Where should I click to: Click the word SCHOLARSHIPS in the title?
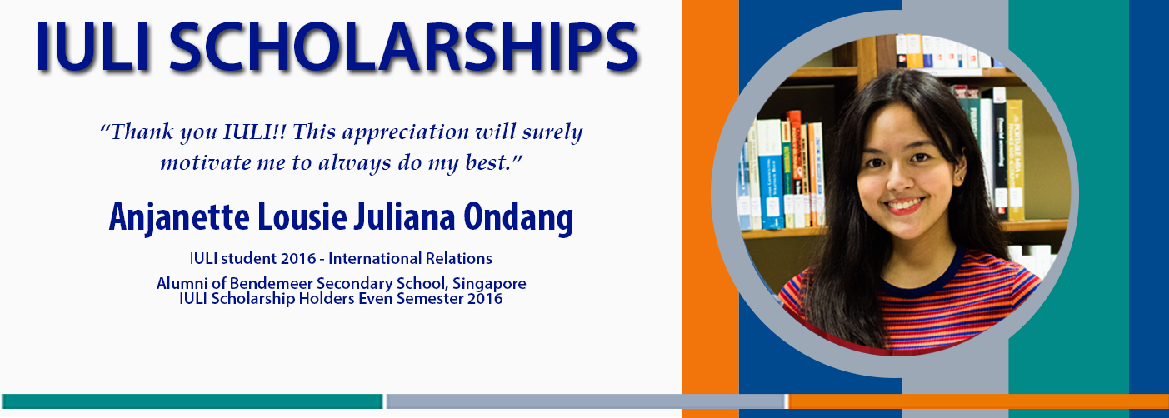tap(403, 46)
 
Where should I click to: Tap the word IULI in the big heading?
tap(92, 46)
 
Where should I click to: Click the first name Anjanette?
tap(179, 217)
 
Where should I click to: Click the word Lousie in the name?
tap(302, 216)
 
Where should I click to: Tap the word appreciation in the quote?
tap(405, 133)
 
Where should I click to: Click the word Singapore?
tap(489, 283)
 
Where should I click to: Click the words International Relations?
tap(410, 258)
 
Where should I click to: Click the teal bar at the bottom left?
tap(192, 401)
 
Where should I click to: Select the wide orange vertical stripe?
tap(710, 209)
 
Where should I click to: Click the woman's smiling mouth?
tap(905, 206)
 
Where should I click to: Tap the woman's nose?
tap(899, 181)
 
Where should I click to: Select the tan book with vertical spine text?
tap(1015, 160)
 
